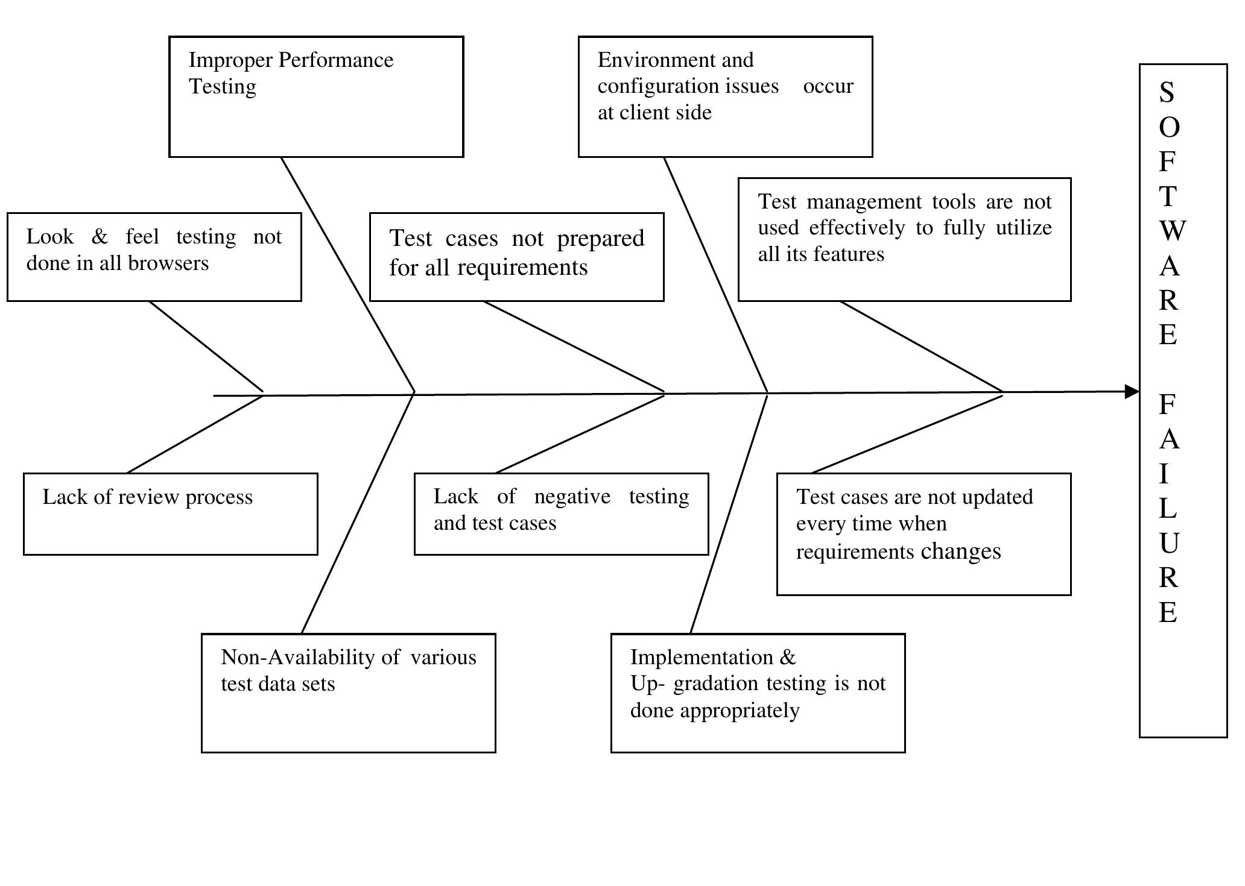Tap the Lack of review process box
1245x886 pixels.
pos(170,514)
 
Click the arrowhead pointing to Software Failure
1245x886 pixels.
pos(1132,392)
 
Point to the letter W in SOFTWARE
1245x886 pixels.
pos(1172,231)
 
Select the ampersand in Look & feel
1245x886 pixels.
pos(100,237)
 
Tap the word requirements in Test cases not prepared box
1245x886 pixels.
pos(522,268)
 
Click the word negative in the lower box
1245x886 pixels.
pos(572,497)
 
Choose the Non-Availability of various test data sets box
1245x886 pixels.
pos(348,693)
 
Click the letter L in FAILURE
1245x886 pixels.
pos(1168,509)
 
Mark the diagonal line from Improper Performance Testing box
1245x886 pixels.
pos(348,274)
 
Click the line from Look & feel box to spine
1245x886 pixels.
pos(206,347)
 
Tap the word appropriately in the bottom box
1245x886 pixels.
pos(740,711)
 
